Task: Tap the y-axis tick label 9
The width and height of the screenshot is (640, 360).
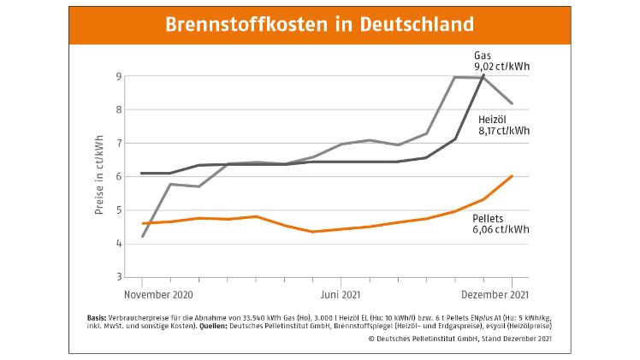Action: pyautogui.click(x=120, y=76)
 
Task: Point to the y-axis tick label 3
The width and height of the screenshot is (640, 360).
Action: pyautogui.click(x=120, y=277)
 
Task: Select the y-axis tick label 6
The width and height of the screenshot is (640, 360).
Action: pyautogui.click(x=120, y=177)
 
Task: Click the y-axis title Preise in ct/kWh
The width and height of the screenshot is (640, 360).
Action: pyautogui.click(x=100, y=175)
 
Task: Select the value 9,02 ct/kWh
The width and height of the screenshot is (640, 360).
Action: pyautogui.click(x=500, y=65)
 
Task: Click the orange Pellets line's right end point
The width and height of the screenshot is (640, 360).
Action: pyautogui.click(x=512, y=175)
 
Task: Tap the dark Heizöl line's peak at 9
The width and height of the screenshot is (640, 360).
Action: pyautogui.click(x=483, y=76)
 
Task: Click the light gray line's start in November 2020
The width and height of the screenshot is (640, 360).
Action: pyautogui.click(x=143, y=236)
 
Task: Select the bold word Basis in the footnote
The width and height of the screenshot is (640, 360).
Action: pyautogui.click(x=97, y=316)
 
